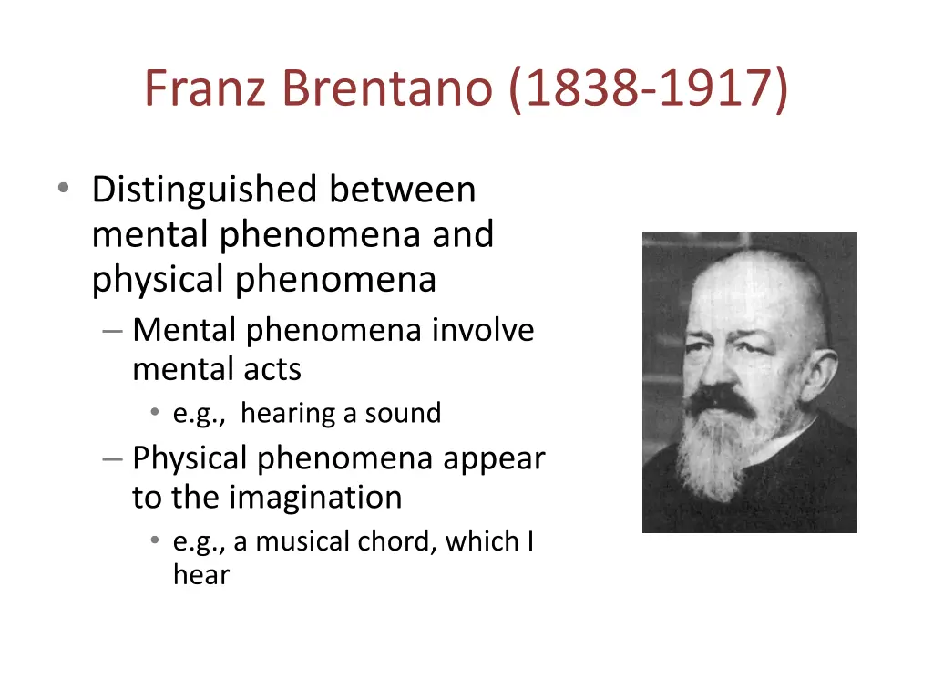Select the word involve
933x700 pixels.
[x=483, y=330]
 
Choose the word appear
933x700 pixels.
[x=494, y=458]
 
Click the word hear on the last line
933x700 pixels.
[x=201, y=576]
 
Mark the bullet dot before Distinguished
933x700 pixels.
[x=62, y=189]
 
